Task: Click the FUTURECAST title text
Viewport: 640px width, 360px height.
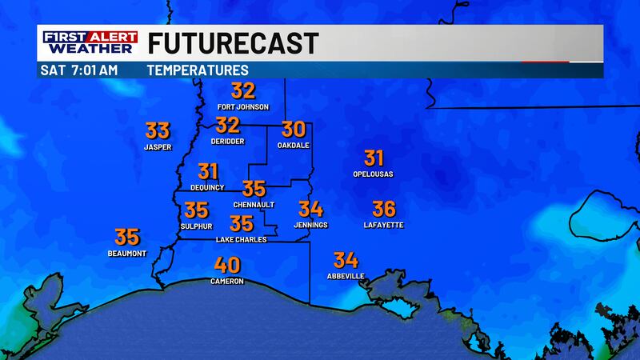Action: (234, 42)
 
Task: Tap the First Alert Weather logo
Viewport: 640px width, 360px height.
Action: (89, 42)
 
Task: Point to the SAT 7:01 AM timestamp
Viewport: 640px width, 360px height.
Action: (79, 70)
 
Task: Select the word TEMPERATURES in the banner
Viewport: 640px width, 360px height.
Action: (198, 70)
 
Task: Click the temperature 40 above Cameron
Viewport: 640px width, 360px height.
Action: (227, 266)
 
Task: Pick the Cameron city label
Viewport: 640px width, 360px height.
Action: (227, 282)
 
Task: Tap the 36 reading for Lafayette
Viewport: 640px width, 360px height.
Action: (384, 209)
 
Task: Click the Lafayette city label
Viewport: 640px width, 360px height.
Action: (384, 226)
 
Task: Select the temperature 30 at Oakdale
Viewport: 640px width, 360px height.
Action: (294, 129)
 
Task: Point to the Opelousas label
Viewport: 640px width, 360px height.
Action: (373, 174)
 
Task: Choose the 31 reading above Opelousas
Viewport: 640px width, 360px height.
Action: (374, 158)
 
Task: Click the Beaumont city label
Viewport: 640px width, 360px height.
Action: (127, 254)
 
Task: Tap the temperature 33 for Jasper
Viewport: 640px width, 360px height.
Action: (158, 130)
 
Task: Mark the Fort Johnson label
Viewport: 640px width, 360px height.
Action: (243, 106)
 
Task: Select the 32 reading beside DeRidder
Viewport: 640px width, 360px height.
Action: (228, 125)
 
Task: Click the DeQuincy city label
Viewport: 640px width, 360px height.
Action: (208, 187)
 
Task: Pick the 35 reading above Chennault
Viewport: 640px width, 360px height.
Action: (254, 189)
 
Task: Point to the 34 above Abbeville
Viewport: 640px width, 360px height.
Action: (346, 260)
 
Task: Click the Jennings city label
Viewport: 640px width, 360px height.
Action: (310, 226)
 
